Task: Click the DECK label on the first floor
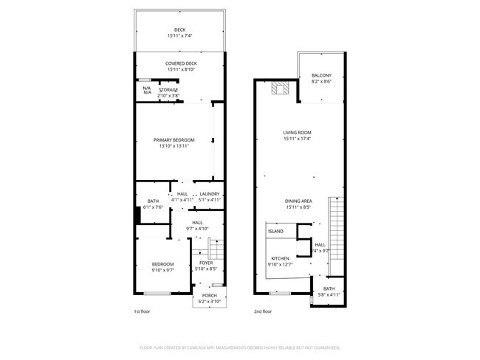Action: [x=179, y=30]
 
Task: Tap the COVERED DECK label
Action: [x=181, y=64]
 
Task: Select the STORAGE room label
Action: [x=168, y=89]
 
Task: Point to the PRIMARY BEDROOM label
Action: [x=174, y=140]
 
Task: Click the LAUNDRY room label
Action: [x=210, y=194]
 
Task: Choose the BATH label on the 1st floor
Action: [x=153, y=201]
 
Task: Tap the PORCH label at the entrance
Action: [x=210, y=297]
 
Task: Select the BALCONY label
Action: [x=321, y=76]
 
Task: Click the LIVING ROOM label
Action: [x=298, y=133]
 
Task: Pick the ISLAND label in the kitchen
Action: [x=275, y=232]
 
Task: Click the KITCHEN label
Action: [x=280, y=258]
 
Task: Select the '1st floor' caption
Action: [x=143, y=312]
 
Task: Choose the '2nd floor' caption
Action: [x=263, y=312]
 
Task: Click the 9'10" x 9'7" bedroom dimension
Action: [x=162, y=270]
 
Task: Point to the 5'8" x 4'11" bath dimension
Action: [x=329, y=294]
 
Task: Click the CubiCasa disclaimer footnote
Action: [x=239, y=347]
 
